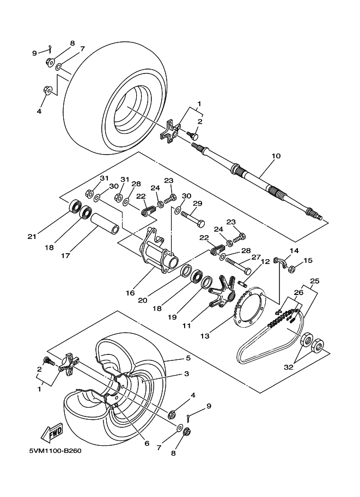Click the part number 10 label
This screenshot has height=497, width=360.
pyautogui.click(x=276, y=156)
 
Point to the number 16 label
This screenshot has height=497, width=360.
pyautogui.click(x=130, y=293)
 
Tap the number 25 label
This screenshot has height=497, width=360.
pyautogui.click(x=314, y=282)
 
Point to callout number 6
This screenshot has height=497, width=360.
pyautogui.click(x=147, y=443)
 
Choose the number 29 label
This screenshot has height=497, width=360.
pyautogui.click(x=197, y=203)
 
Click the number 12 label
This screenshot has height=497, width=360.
pyautogui.click(x=265, y=262)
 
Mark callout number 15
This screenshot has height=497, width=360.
pyautogui.click(x=309, y=260)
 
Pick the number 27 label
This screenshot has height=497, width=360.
pyautogui.click(x=256, y=258)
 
